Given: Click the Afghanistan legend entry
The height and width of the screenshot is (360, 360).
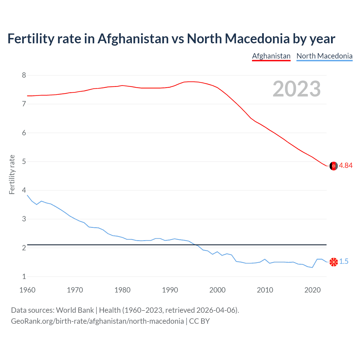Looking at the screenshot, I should [x=271, y=56].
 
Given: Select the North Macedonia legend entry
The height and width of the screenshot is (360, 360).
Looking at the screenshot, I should [x=324, y=56].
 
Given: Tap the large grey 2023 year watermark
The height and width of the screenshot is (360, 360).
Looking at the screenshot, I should [x=296, y=89].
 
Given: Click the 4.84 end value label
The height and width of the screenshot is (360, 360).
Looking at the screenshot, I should [x=346, y=166].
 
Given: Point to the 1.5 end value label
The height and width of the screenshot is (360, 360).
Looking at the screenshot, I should [x=344, y=262].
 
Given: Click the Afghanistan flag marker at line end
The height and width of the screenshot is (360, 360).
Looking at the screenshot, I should [x=334, y=166].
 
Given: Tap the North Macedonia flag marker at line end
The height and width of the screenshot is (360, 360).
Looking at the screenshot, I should [x=334, y=262].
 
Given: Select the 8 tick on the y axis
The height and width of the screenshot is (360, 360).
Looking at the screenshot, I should [x=24, y=75].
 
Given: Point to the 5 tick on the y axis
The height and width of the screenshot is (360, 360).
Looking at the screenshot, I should [x=24, y=161].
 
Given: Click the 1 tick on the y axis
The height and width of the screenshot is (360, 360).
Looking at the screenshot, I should [x=24, y=276].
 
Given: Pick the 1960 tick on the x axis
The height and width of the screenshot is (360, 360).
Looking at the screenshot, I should [x=27, y=290].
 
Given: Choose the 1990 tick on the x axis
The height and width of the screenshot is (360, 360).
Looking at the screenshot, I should [x=170, y=290].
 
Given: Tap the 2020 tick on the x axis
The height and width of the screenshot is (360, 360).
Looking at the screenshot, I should [x=312, y=290].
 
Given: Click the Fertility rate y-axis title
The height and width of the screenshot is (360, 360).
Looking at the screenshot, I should [x=12, y=174].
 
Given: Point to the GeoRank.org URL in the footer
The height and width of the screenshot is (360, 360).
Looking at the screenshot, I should [x=97, y=321].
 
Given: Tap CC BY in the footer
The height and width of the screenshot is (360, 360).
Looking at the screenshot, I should [x=199, y=321].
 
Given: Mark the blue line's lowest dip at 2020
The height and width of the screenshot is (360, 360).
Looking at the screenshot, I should [x=312, y=267].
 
